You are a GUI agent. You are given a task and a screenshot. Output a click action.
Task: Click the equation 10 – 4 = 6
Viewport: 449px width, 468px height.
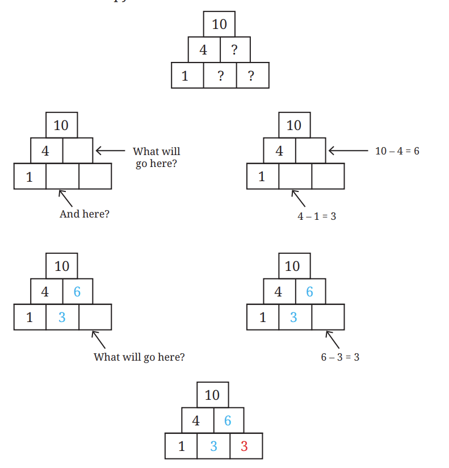pos(397,151)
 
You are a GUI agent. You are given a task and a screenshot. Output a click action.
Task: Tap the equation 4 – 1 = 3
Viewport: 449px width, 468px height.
pos(317,216)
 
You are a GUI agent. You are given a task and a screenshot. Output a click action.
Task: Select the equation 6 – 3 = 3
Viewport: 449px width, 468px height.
pos(340,357)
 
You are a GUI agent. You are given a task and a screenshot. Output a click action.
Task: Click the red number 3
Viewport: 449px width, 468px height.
pos(244,446)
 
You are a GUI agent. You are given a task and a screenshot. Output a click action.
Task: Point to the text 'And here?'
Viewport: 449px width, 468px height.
pos(85,214)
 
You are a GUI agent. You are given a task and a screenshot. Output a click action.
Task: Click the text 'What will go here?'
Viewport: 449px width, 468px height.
pos(139,357)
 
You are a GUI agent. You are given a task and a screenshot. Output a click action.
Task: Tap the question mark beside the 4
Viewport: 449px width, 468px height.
pos(234,49)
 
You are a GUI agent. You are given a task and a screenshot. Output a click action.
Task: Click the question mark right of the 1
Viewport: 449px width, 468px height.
pos(220,76)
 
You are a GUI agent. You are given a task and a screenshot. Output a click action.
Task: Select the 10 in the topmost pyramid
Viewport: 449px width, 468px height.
pos(219,24)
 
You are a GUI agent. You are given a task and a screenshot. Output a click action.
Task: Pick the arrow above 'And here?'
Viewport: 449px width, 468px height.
pos(65,198)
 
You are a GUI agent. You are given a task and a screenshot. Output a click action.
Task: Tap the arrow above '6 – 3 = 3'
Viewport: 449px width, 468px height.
pos(332,340)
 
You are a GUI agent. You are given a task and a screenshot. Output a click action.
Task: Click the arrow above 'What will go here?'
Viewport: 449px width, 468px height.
pos(98,340)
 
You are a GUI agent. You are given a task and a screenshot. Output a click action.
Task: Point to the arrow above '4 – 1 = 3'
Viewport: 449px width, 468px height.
pos(299,198)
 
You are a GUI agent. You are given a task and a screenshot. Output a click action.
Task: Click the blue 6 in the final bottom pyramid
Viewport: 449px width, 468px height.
pos(228,420)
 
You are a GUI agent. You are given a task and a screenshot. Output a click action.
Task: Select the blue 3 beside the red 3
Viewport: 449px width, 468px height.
pos(213,446)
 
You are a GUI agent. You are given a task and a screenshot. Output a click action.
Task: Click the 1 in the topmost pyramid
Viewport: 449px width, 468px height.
pos(185,76)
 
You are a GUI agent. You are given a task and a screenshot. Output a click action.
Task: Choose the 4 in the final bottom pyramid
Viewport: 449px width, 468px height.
pos(196,420)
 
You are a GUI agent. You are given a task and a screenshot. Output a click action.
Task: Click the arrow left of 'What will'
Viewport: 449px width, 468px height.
pos(110,151)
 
